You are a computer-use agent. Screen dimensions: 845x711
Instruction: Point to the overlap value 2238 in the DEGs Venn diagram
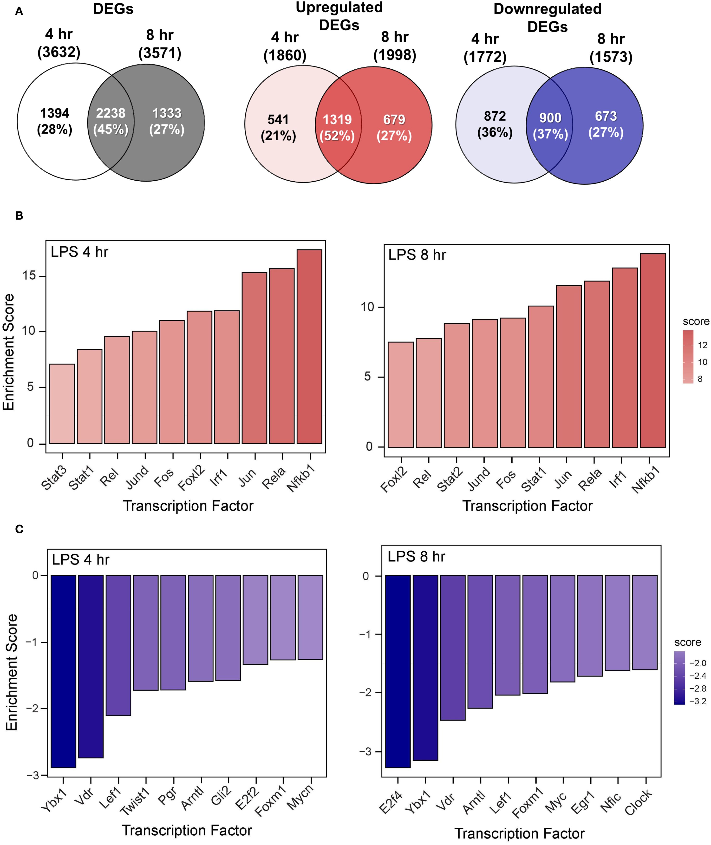tap(111, 113)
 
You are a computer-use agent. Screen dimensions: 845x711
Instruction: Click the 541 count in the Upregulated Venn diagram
tap(278, 120)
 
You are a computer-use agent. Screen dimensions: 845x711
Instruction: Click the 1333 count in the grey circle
tap(167, 113)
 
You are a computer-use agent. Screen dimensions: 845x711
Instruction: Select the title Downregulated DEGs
tap(547, 18)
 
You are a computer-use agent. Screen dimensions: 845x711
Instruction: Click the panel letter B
tap(19, 216)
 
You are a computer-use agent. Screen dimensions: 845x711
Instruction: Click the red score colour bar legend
tap(688, 356)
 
